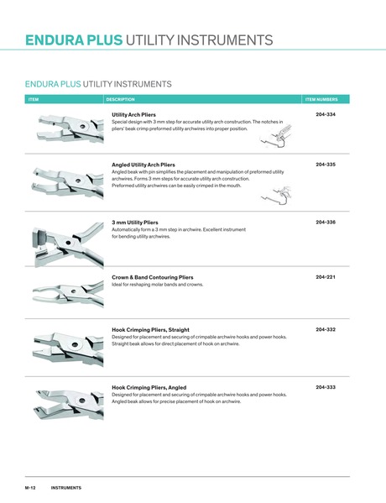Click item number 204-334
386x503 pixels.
click(326, 114)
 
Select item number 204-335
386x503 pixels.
click(326, 165)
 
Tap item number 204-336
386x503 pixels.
click(326, 222)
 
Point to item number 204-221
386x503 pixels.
click(326, 276)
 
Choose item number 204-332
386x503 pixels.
click(326, 330)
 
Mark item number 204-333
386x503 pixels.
click(326, 387)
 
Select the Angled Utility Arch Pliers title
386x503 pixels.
click(143, 165)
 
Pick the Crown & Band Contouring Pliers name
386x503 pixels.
click(152, 276)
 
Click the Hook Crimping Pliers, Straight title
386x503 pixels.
click(150, 330)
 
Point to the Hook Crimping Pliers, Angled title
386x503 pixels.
click(149, 387)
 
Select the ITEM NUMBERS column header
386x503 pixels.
click(321, 99)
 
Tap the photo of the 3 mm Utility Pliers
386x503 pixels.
click(63, 238)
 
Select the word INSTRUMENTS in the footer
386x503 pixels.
click(65, 488)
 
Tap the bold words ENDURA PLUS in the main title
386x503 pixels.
click(74, 40)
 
